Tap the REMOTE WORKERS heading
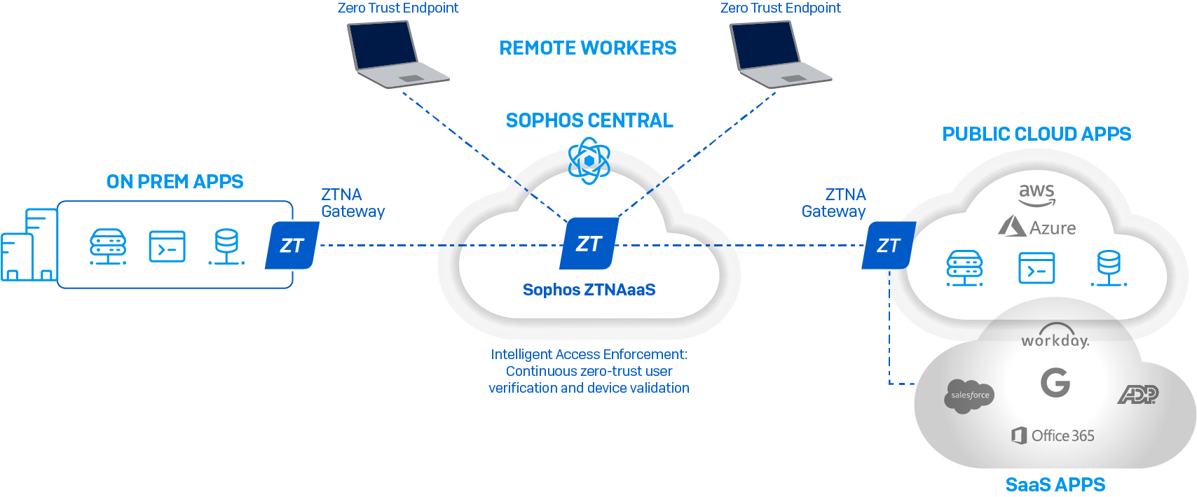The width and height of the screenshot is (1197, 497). coord(587,48)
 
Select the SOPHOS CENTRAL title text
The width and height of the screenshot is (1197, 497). coord(589,120)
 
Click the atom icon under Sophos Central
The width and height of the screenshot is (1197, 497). coord(589,161)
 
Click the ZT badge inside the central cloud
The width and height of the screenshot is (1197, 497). coord(589,244)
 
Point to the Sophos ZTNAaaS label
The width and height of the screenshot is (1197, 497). coord(589,290)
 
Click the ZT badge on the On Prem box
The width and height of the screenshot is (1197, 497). coord(292,246)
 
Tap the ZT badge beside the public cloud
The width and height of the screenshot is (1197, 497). coord(888,246)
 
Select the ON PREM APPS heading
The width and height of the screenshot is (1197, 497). coord(175,182)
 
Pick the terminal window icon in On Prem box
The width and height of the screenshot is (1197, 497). coord(167,247)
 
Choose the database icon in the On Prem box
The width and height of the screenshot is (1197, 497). coord(226,247)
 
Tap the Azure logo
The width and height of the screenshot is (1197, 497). coord(1037,227)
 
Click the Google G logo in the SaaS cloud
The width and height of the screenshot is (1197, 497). coord(1055,383)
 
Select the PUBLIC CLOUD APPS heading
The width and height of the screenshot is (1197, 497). coord(1036,134)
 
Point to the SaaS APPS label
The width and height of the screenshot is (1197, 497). coord(1055,484)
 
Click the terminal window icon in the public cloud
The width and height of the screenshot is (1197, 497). coord(1037,269)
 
